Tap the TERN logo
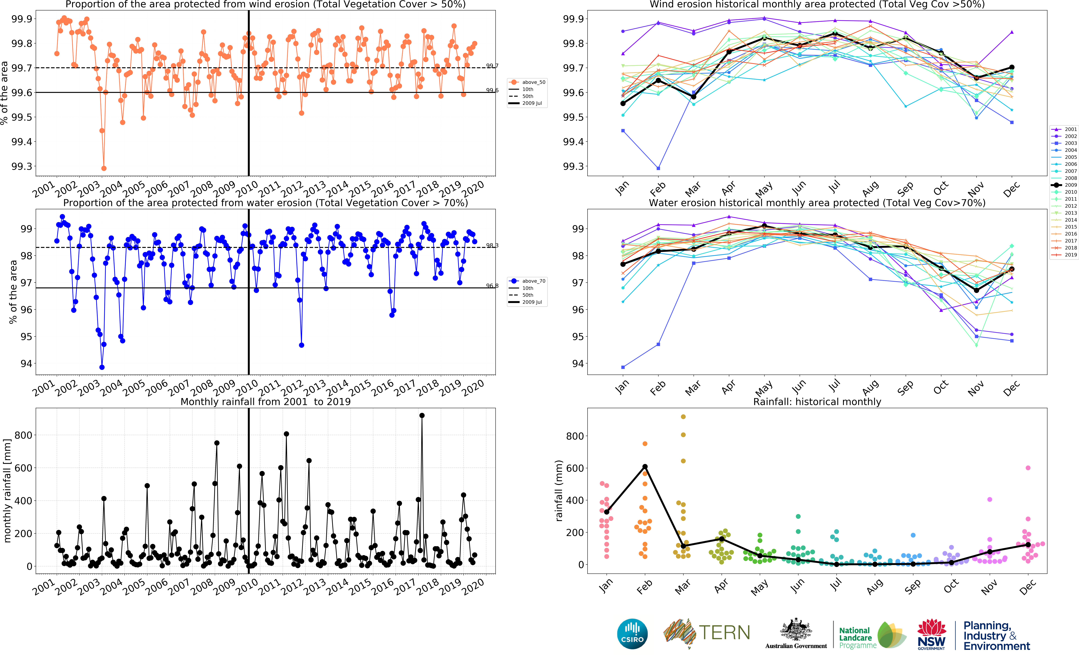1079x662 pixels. point(707,633)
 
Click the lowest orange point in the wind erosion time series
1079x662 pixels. point(104,168)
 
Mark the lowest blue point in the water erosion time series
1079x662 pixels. point(102,367)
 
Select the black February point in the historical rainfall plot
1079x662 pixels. point(645,467)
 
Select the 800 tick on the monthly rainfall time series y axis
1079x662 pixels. point(23,435)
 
